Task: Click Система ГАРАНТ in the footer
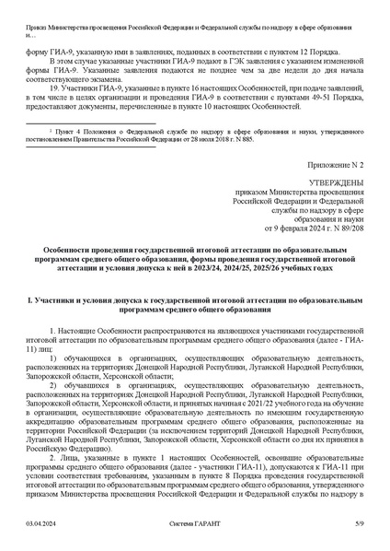(x=194, y=525)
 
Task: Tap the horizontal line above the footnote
(x=75, y=127)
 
